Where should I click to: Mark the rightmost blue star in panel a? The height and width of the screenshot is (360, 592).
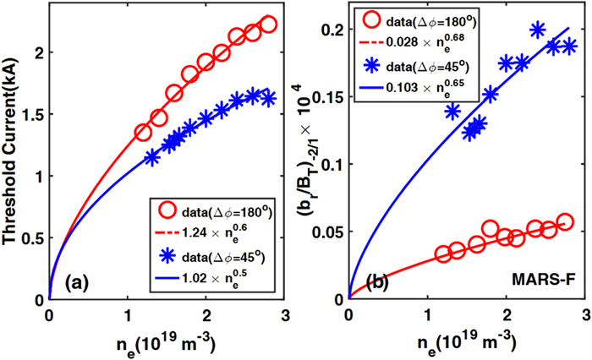pyautogui.click(x=269, y=99)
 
